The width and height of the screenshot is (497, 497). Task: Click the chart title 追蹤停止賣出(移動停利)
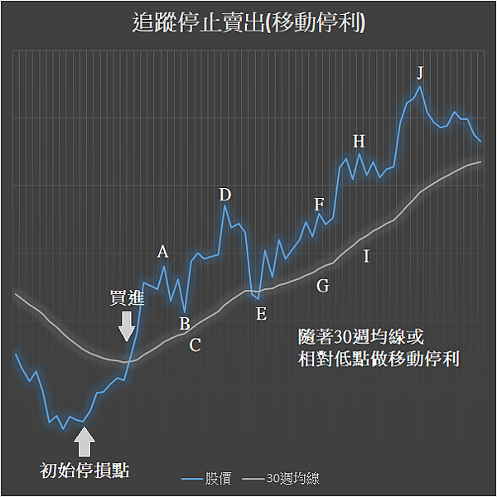tap(248, 23)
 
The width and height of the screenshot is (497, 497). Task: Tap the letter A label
tap(163, 252)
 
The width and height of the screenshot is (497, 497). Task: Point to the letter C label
tap(195, 345)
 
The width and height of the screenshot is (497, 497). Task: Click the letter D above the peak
tap(225, 195)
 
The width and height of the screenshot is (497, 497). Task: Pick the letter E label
tap(261, 313)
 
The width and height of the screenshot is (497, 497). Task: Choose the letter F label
tap(320, 205)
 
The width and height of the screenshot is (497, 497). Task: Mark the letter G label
tap(322, 286)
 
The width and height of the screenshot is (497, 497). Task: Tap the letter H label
tap(359, 140)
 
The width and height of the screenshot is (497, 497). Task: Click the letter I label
tap(366, 257)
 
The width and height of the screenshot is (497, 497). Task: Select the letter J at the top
tap(420, 72)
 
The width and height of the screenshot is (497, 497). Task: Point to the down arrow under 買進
tap(126, 326)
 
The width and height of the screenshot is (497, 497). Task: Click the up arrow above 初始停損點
tap(84, 442)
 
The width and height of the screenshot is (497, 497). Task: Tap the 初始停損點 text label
tap(84, 470)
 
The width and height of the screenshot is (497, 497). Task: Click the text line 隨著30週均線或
tap(360, 337)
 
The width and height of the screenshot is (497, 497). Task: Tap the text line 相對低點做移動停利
tap(379, 359)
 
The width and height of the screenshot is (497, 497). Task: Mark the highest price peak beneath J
tap(420, 86)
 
